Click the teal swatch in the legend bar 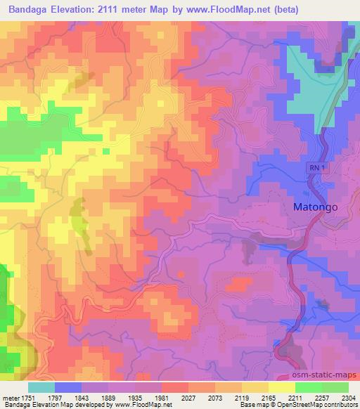coord(41,387)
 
